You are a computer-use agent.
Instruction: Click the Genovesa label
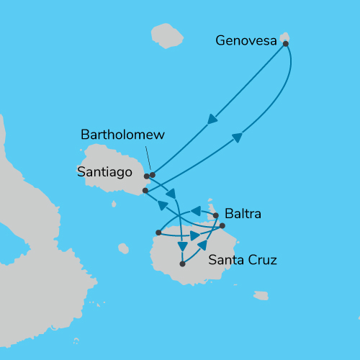tap(246, 41)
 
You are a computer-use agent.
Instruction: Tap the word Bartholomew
tap(123, 135)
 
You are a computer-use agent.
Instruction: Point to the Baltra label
tap(243, 214)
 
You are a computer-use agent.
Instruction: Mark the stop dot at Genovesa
tap(286, 44)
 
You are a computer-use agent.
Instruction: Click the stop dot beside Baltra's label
tap(216, 215)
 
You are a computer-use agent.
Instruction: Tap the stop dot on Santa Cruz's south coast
tap(182, 264)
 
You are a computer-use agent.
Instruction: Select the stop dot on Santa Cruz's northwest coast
tap(158, 233)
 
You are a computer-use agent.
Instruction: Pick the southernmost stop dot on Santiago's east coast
tap(145, 191)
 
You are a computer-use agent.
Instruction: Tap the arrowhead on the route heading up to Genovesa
tap(236, 138)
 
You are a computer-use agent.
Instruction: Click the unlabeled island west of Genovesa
tap(167, 35)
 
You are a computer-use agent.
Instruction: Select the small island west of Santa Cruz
tap(124, 248)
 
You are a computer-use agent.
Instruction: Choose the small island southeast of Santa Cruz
tap(261, 295)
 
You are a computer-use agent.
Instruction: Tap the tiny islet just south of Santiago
tap(114, 204)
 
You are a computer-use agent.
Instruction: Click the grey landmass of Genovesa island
tap(285, 37)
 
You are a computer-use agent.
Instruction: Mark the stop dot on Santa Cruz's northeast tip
tap(222, 226)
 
